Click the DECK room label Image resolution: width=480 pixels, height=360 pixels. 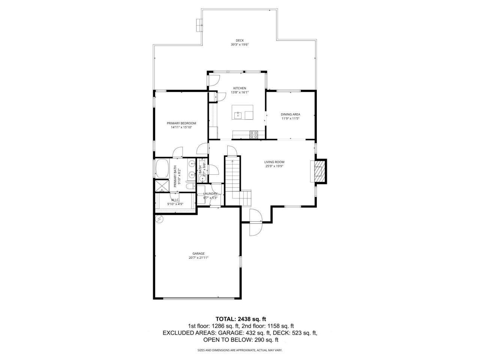(240, 40)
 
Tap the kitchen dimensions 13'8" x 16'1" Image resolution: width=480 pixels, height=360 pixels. (240, 92)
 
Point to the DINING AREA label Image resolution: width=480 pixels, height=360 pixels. (290, 114)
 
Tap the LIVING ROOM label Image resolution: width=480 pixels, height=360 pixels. (274, 162)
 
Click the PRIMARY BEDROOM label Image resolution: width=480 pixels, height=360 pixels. (181, 123)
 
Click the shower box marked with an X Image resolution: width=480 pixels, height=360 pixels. (162, 186)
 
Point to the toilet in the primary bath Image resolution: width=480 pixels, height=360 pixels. (190, 186)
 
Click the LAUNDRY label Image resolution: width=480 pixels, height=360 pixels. (210, 193)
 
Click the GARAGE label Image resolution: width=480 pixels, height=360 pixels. (198, 253)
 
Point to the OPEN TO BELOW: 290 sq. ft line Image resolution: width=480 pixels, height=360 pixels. (241, 340)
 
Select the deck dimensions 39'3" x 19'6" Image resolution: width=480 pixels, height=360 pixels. (240, 45)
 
